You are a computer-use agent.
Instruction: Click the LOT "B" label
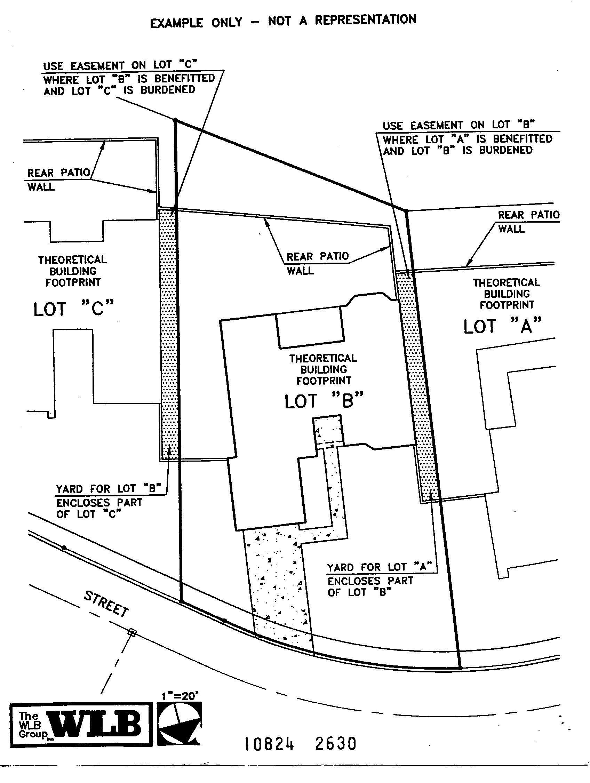[324, 401]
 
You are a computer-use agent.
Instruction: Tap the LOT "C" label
[74, 309]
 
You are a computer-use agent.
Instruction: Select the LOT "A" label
[502, 326]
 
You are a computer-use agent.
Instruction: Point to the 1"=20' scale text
[180, 696]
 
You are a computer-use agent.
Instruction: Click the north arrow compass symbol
[180, 723]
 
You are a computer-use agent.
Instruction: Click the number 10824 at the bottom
[269, 744]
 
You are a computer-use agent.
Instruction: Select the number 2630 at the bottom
[335, 744]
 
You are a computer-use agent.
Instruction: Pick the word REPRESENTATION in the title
[365, 20]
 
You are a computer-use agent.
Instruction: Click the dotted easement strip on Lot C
[168, 333]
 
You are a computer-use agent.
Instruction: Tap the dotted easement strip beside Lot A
[418, 389]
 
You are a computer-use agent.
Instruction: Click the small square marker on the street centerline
[131, 632]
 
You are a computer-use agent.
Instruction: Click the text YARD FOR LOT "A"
[379, 567]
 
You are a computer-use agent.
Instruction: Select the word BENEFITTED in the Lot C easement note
[184, 78]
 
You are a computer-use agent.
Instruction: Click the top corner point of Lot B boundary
[175, 121]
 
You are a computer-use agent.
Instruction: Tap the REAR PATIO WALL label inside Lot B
[317, 263]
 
